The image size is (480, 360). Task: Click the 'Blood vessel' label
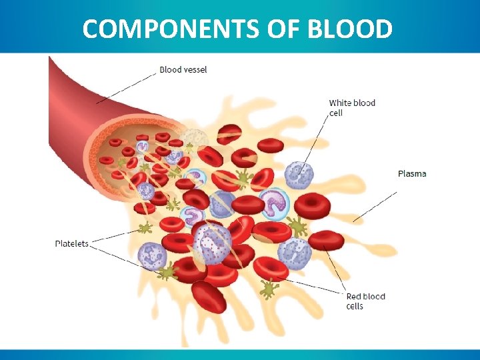click(183, 70)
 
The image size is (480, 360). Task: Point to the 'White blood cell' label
click(351, 107)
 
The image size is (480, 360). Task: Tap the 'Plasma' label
click(412, 174)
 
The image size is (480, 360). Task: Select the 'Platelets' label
click(71, 243)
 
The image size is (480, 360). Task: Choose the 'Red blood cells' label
click(365, 301)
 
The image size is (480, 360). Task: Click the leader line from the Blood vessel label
click(127, 86)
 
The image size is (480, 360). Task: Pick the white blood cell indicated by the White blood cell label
click(299, 175)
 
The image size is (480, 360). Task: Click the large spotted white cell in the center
click(211, 241)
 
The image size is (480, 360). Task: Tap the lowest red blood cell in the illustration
click(208, 297)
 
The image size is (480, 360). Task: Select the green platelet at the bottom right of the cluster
click(269, 288)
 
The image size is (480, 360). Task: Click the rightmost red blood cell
click(326, 239)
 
